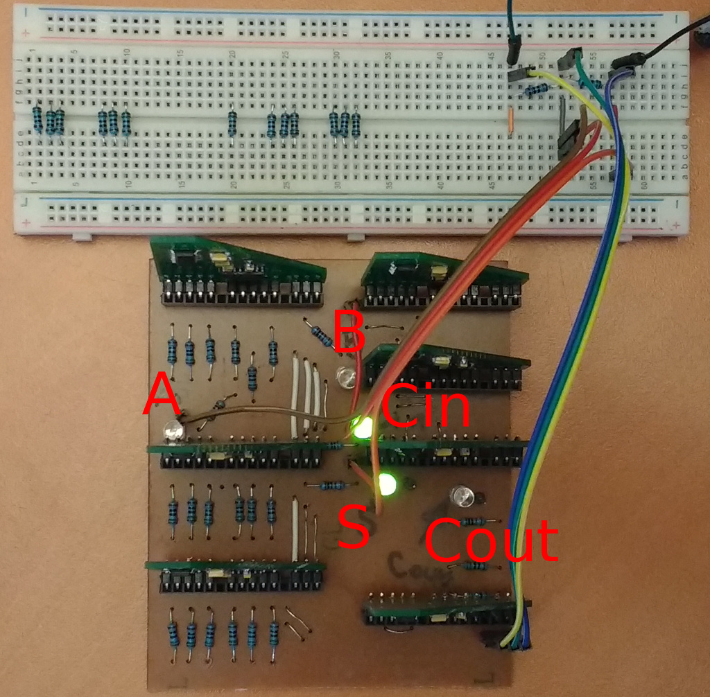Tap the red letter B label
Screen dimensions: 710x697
[349, 330]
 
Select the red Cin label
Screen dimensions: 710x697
[424, 407]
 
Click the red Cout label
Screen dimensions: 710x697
[491, 540]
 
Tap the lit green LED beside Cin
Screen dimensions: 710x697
[363, 427]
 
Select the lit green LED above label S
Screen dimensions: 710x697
[386, 484]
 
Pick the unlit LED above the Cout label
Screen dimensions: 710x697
[460, 495]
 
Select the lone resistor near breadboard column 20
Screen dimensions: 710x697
[232, 123]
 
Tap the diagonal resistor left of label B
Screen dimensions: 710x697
[321, 335]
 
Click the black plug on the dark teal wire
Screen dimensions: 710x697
[514, 50]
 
